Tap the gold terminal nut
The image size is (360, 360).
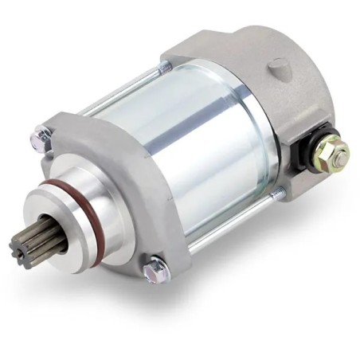coord(329,154)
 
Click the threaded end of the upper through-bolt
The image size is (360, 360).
coord(166,68)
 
